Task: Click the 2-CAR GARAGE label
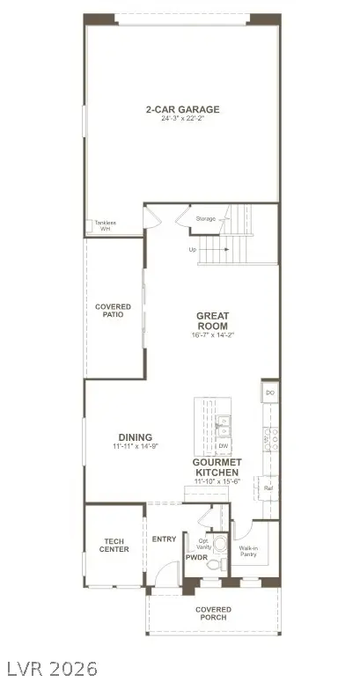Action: pyautogui.click(x=182, y=110)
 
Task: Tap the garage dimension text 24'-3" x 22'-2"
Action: pyautogui.click(x=182, y=120)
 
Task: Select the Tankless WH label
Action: pyautogui.click(x=105, y=225)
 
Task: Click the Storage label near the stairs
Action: pyautogui.click(x=205, y=218)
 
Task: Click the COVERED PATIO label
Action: pyautogui.click(x=114, y=311)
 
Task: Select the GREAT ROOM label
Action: pyautogui.click(x=212, y=321)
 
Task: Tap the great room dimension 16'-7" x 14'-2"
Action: pyautogui.click(x=212, y=335)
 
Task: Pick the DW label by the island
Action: pyautogui.click(x=224, y=446)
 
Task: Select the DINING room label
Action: pyautogui.click(x=135, y=437)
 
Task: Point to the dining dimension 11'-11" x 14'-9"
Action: pyautogui.click(x=135, y=447)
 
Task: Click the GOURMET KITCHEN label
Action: pyautogui.click(x=217, y=467)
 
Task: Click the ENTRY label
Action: pyautogui.click(x=164, y=539)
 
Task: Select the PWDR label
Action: pyautogui.click(x=195, y=557)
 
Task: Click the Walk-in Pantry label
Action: pyautogui.click(x=249, y=551)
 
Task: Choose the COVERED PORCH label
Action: pyautogui.click(x=213, y=613)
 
